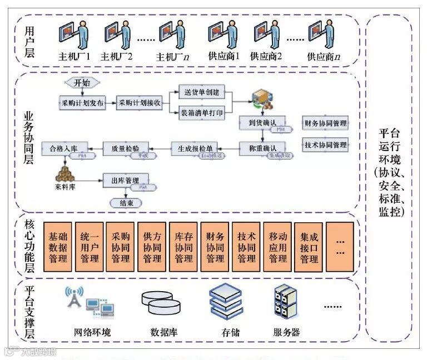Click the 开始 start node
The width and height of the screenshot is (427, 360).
81,83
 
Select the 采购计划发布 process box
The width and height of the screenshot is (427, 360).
82,103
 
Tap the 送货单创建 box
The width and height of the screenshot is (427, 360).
201,92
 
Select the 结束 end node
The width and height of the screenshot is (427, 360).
127,203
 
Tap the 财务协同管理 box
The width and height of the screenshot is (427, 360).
326,123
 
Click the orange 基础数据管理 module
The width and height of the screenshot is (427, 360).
58,247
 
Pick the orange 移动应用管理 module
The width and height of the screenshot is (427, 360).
277,247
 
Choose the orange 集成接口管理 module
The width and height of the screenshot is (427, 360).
309,247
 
